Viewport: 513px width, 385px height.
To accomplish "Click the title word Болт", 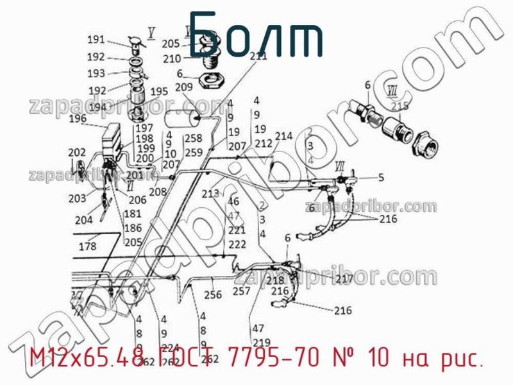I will (256, 35).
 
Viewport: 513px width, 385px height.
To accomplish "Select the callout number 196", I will (78, 118).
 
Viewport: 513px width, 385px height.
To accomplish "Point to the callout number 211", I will (258, 56).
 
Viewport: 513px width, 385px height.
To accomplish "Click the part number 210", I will (172, 58).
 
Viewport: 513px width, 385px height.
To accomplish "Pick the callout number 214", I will (283, 136).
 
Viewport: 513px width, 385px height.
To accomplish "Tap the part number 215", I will (399, 106).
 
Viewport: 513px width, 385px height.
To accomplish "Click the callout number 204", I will (84, 220).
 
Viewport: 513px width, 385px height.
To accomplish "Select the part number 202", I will (77, 152).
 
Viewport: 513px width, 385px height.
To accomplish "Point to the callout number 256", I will (213, 295).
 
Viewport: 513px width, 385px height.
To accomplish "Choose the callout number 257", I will (242, 291).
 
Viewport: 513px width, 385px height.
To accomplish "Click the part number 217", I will (344, 278).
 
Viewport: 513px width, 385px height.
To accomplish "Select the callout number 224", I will (171, 349).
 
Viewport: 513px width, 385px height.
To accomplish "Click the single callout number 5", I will (380, 178).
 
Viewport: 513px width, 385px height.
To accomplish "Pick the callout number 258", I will (194, 138).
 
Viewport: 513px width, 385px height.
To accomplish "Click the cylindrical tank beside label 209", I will (181, 121).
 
